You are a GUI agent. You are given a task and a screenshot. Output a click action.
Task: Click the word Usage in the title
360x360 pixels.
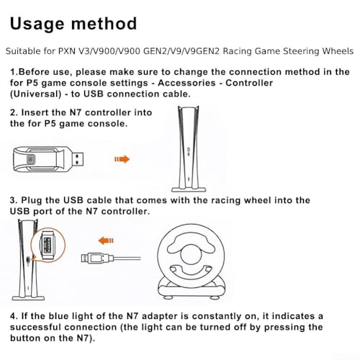coord(37,24)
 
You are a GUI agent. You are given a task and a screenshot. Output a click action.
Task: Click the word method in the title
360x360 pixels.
coord(104,24)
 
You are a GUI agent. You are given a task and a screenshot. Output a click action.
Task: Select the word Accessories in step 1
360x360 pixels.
coord(186,83)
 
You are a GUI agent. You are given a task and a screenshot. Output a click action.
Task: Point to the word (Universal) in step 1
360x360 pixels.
coord(36,94)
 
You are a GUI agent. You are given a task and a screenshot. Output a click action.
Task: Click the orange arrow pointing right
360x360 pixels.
coord(122,159)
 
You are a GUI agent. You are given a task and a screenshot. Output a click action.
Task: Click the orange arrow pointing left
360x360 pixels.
coord(106,240)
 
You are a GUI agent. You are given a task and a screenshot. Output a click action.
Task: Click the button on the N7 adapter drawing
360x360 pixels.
coord(31,159)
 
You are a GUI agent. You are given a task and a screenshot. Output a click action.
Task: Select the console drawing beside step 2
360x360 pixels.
coord(189,149)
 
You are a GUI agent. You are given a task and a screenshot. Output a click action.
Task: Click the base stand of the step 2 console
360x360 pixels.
coord(189,189)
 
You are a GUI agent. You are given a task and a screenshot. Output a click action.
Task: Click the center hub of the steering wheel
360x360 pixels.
coord(190,254)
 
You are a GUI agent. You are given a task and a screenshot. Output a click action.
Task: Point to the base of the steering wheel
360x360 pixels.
coord(192,289)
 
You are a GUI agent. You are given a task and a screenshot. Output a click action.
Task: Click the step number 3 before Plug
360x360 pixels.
coord(13,200)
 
